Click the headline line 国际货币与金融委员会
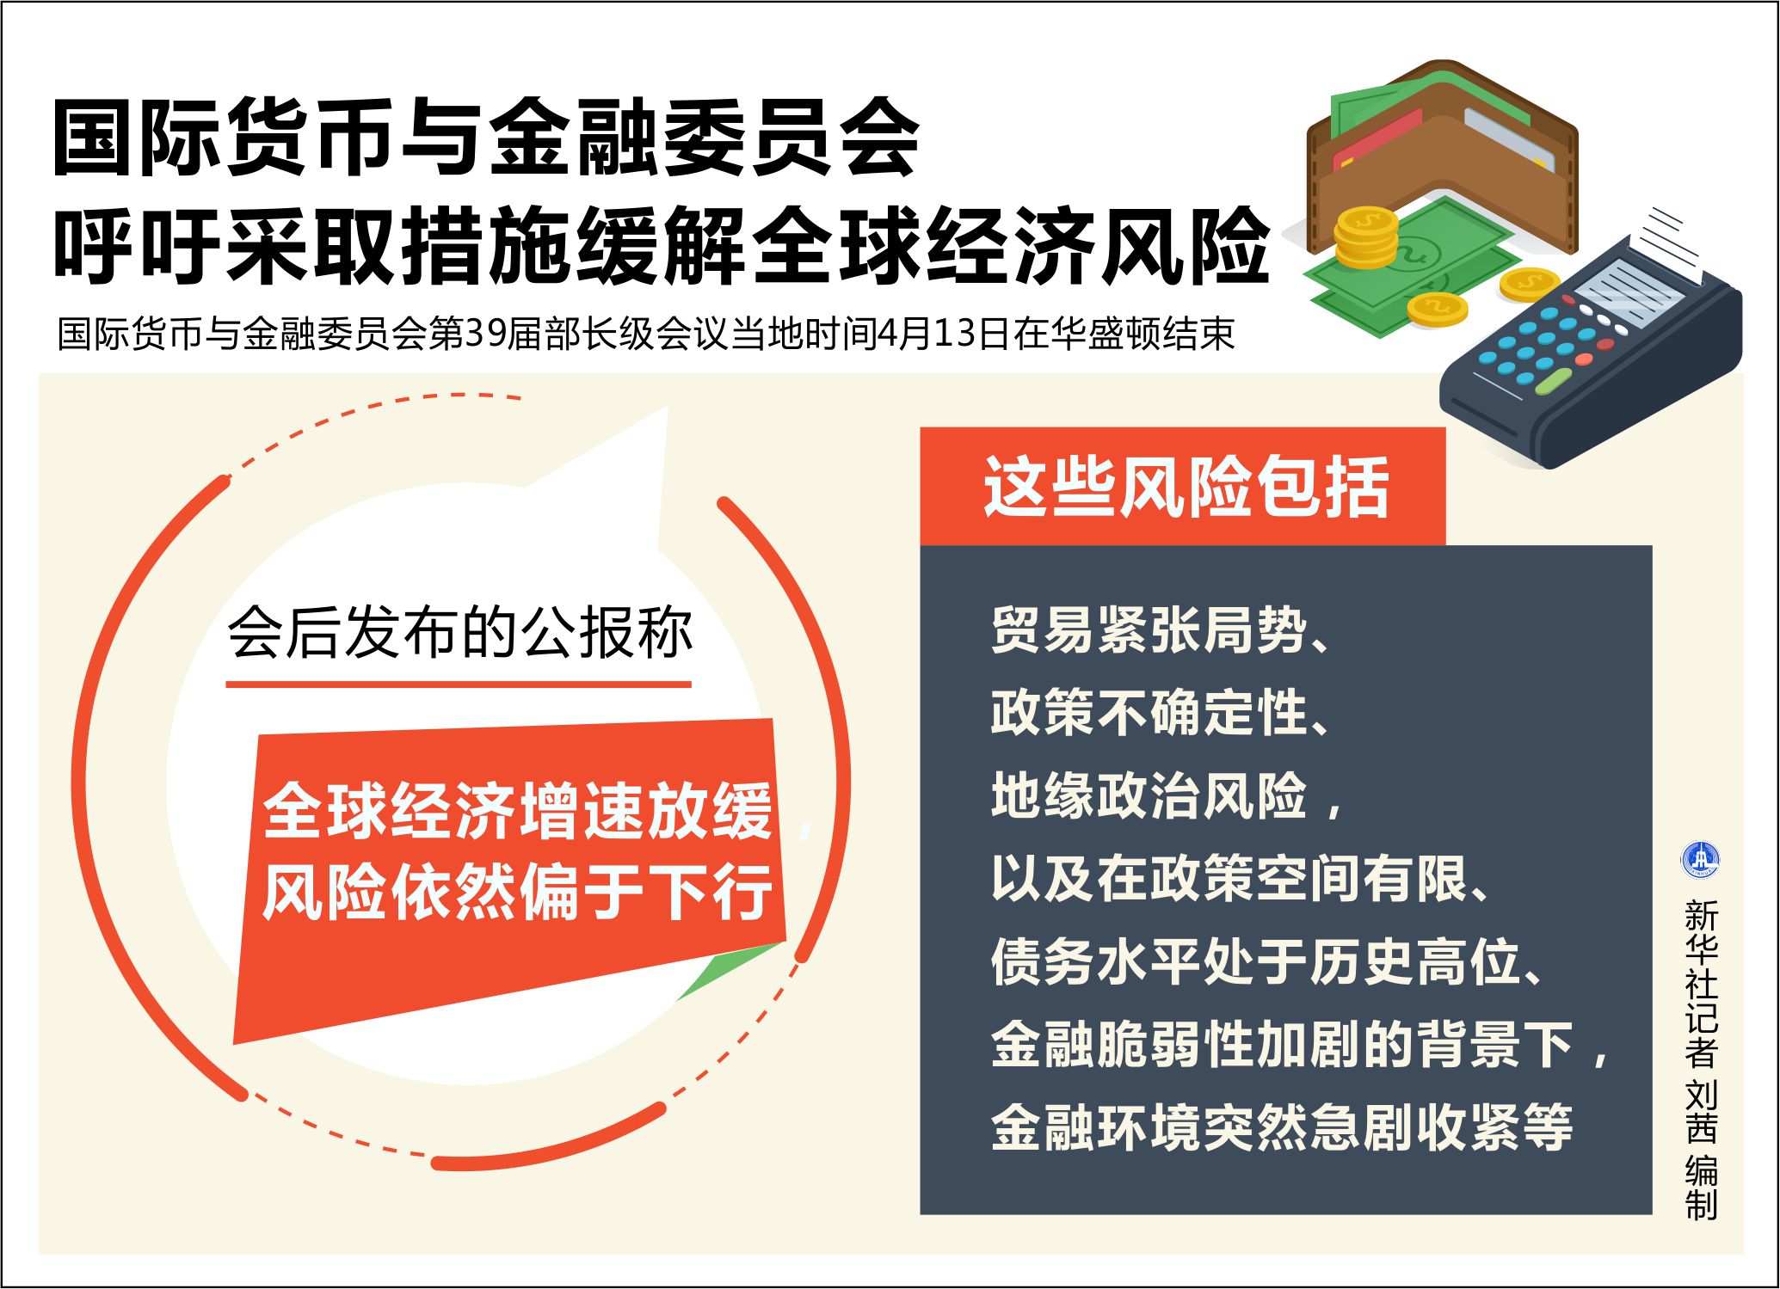click(487, 138)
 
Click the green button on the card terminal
click(1554, 381)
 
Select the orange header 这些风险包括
click(1186, 487)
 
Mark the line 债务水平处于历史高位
click(1266, 961)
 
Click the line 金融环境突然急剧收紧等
click(1282, 1127)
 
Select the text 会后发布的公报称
click(460, 633)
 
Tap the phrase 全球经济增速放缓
click(518, 811)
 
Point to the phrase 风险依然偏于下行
click(518, 892)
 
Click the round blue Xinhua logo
click(1700, 860)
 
